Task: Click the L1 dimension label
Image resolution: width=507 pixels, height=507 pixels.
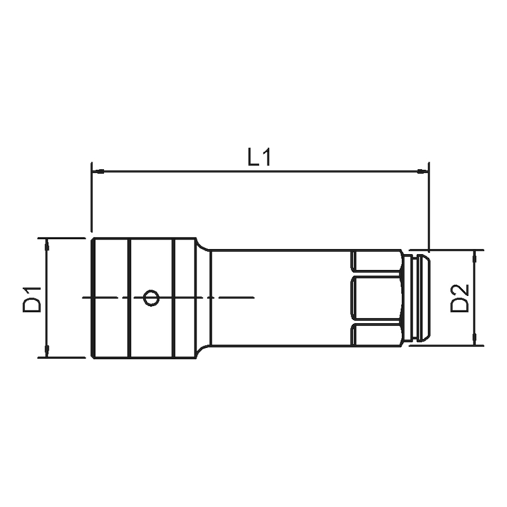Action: [x=259, y=158]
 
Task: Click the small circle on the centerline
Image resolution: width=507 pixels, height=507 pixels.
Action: [x=151, y=297]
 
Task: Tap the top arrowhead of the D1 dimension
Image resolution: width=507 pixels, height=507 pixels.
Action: [x=46, y=244]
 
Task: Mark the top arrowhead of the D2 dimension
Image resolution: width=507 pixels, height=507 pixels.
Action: [x=475, y=255]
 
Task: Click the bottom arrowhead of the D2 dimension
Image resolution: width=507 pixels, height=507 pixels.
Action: [x=475, y=340]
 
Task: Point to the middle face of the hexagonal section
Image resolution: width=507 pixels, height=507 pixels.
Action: [x=376, y=298]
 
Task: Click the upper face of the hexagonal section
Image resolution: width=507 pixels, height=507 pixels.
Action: [x=376, y=262]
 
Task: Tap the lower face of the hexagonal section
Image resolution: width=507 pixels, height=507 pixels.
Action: [x=376, y=335]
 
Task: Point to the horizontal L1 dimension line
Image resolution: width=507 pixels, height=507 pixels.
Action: [x=190, y=171]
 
